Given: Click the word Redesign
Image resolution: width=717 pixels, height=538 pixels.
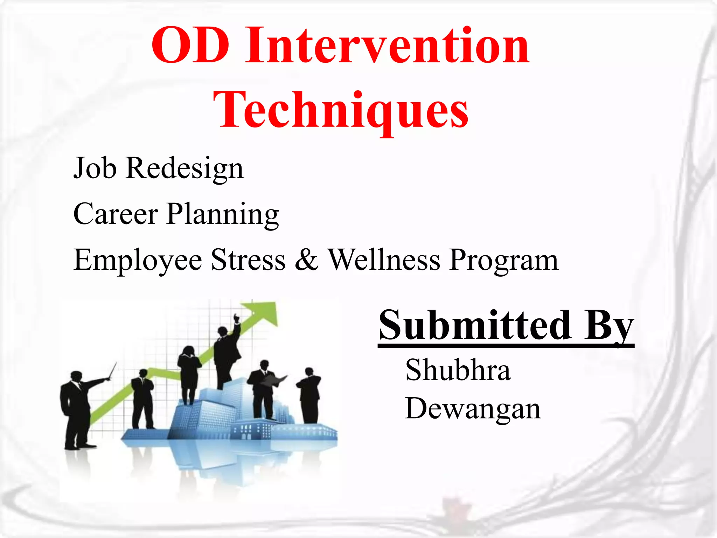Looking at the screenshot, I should [185, 168].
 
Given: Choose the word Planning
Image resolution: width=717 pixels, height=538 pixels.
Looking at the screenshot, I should [223, 214].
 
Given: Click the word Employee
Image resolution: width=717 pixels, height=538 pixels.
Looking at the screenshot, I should [138, 260].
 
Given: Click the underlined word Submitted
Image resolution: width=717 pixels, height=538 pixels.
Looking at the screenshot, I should [475, 325].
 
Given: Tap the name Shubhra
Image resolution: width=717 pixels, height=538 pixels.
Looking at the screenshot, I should [458, 370].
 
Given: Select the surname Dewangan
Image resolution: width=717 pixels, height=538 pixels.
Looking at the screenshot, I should [473, 409].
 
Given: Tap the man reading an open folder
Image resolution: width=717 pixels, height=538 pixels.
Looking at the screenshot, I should [263, 389].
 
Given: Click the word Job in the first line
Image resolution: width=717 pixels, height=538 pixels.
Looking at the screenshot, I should [95, 168].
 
